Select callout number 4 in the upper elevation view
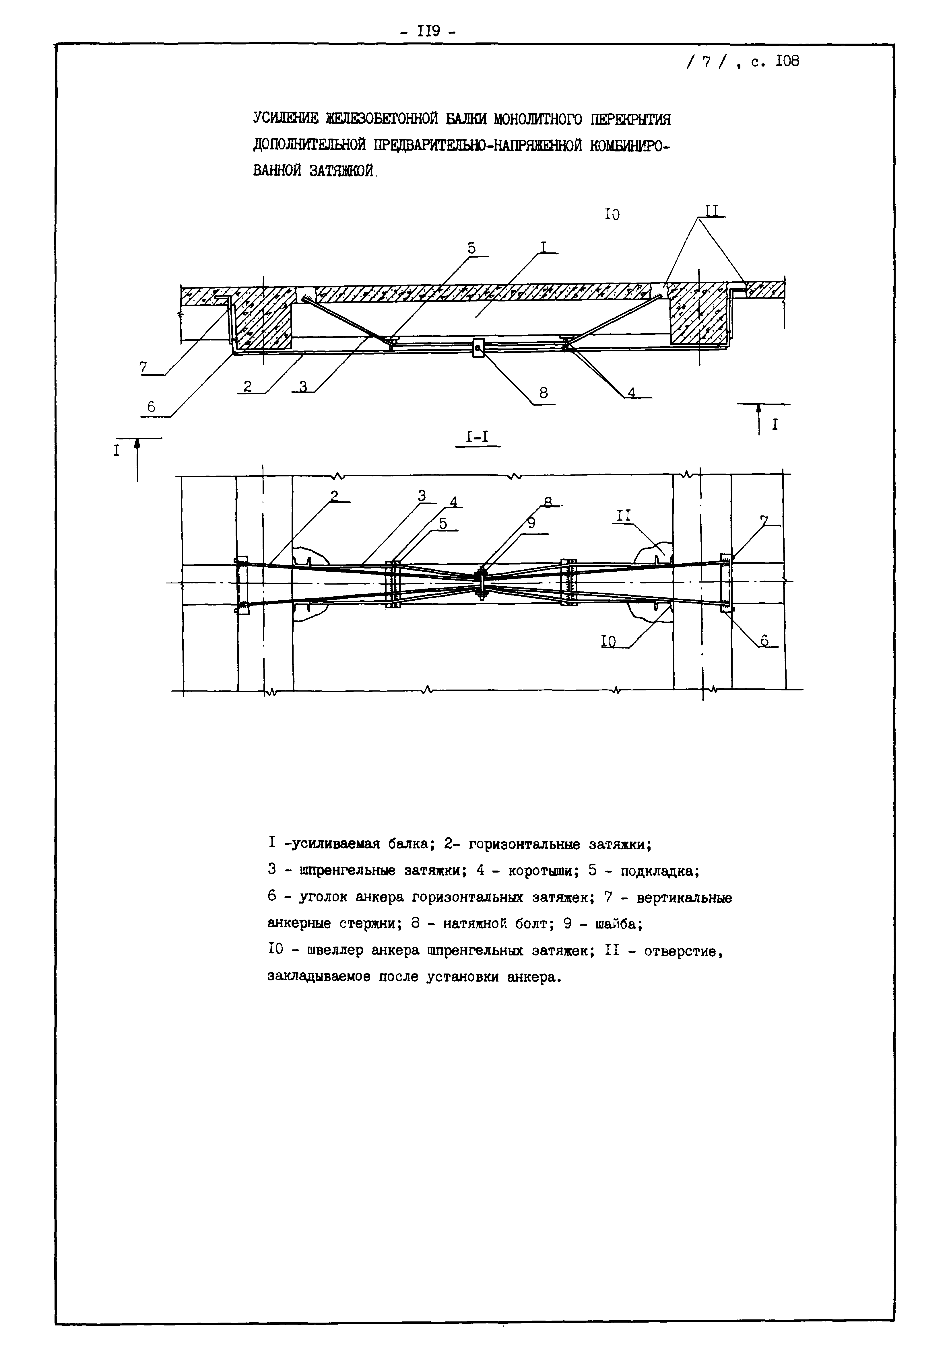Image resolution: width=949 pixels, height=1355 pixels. [631, 392]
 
